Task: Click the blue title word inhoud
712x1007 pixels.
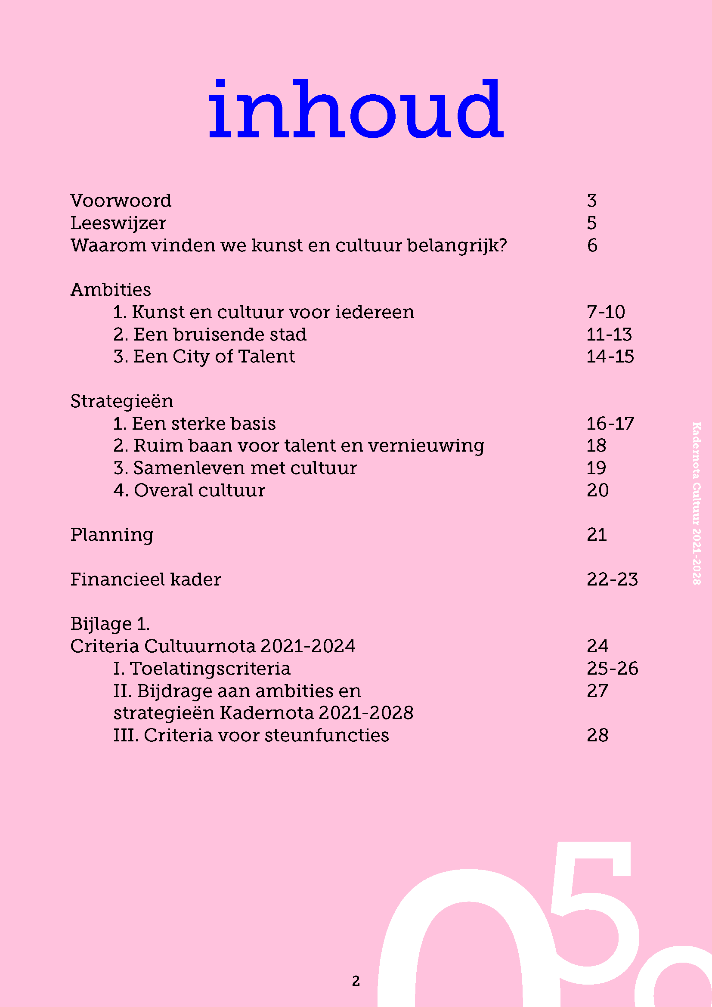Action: coord(356,109)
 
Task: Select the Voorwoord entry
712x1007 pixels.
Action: coord(121,201)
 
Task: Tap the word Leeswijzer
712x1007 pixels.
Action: coord(118,223)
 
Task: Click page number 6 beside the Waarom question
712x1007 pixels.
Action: coord(592,245)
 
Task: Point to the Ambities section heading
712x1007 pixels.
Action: coord(111,290)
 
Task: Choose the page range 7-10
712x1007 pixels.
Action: coord(606,312)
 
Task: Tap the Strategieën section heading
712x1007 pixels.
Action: coord(121,401)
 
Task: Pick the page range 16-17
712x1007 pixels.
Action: coord(610,424)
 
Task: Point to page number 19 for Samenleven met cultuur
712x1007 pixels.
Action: coord(596,468)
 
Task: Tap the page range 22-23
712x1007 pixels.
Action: coord(612,579)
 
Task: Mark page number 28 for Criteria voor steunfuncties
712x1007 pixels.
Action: coord(597,735)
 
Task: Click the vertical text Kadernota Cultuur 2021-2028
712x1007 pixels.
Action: coord(696,503)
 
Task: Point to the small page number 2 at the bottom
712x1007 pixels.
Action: coord(356,981)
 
